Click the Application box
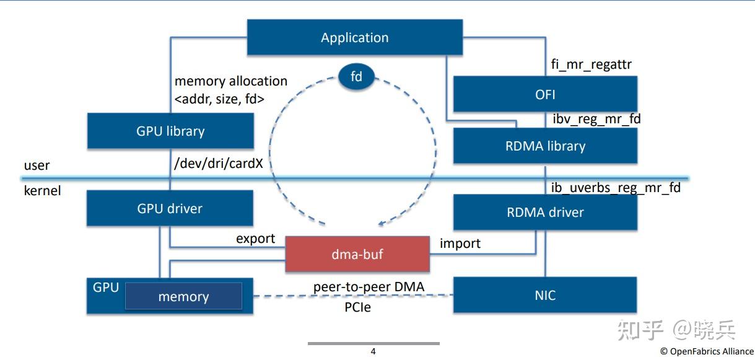[x=354, y=37]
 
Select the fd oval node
[x=356, y=77]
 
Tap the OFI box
[x=545, y=94]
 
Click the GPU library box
[x=170, y=131]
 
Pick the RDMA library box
[x=545, y=146]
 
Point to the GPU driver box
[x=170, y=208]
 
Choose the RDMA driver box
[x=545, y=212]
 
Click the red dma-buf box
[x=357, y=253]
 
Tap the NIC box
[x=545, y=295]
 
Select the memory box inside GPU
[x=183, y=297]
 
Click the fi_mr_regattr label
[x=591, y=64]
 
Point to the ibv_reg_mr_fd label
[x=596, y=118]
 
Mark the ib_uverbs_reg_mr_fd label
[x=615, y=187]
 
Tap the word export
[x=255, y=239]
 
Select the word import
[x=460, y=243]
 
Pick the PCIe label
[x=357, y=306]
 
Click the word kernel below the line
[x=42, y=190]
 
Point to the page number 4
[x=373, y=351]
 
